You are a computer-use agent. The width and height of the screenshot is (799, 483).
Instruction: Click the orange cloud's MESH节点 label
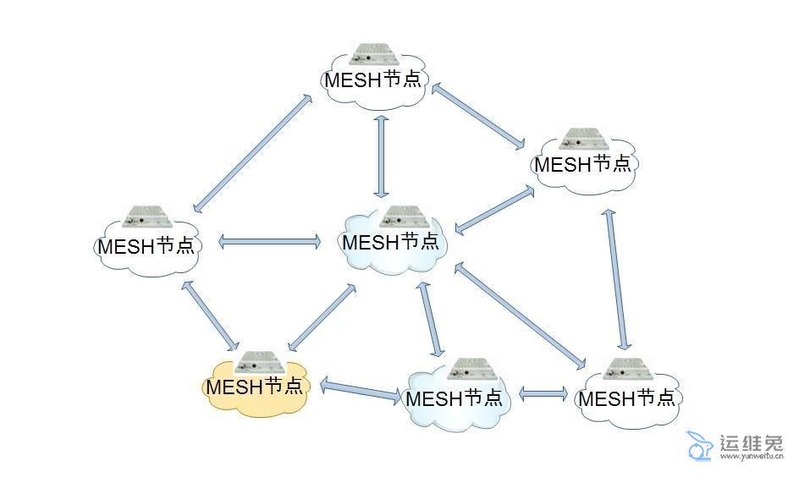pos(254,387)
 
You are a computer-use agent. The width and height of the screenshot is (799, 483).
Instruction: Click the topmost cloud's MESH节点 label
pos(373,80)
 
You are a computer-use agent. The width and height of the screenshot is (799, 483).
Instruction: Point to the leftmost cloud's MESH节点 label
pos(146,247)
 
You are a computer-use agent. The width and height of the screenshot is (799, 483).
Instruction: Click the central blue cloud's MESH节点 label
pos(391,242)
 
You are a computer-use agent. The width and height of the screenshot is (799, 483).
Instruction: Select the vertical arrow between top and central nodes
pos(382,156)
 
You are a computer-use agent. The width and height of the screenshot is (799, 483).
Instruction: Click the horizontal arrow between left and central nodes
pos(270,242)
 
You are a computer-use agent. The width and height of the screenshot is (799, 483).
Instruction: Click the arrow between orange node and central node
pos(322,318)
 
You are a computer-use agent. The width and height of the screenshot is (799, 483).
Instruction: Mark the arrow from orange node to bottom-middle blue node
pos(359,392)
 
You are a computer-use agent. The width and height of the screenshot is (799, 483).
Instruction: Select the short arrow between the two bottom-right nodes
pos(543,393)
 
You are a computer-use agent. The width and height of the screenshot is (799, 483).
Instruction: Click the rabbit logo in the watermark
pos(698,446)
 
